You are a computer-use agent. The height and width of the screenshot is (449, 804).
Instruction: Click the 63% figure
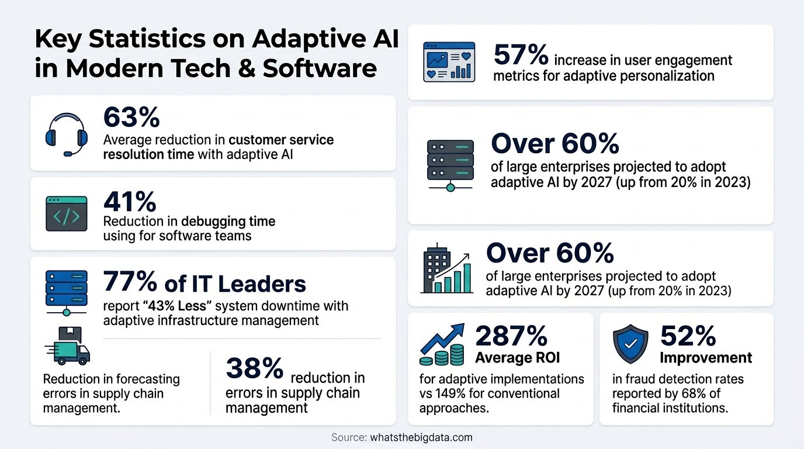click(131, 117)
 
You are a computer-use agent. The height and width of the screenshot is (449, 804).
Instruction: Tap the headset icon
click(67, 134)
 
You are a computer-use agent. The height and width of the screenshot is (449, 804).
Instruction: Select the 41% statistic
click(130, 202)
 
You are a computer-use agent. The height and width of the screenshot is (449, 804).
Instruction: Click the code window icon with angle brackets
click(67, 213)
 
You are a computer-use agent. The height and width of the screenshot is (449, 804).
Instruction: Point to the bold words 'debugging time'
click(228, 221)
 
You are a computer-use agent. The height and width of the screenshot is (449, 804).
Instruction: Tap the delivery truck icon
click(67, 345)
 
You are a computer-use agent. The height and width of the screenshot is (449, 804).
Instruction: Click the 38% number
click(255, 368)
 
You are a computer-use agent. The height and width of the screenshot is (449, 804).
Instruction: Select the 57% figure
click(521, 54)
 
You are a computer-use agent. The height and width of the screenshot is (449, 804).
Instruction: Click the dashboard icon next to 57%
click(449, 62)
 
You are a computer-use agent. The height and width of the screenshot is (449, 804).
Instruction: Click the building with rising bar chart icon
click(446, 269)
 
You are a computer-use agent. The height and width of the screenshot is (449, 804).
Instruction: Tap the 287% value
click(511, 336)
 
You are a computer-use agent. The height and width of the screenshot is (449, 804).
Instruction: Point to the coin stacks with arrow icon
click(442, 344)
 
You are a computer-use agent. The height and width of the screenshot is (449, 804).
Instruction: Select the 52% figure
click(688, 336)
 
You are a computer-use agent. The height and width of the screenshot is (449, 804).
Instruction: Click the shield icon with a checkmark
click(630, 344)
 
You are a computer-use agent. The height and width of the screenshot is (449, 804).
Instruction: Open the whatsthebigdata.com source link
click(421, 437)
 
